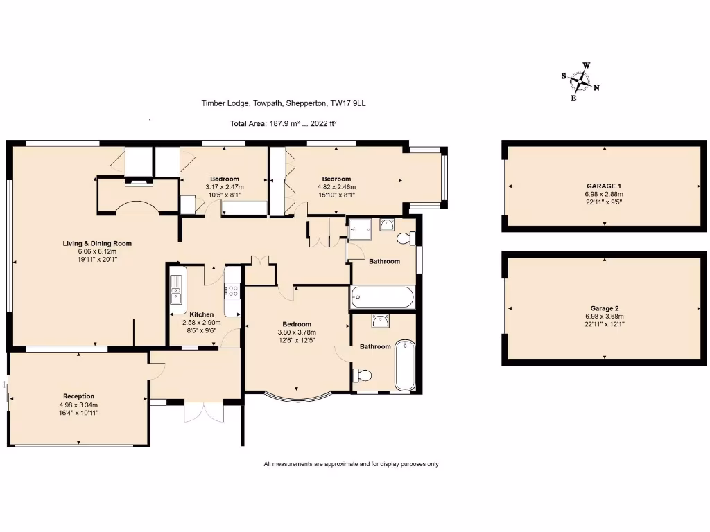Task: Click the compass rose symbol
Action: click(580, 82)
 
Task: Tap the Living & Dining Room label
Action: click(97, 243)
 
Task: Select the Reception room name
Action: click(79, 396)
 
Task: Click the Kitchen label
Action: click(202, 315)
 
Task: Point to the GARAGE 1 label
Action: click(604, 186)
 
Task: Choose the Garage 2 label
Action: click(604, 308)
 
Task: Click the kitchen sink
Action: click(175, 289)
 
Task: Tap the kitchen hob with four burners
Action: click(233, 290)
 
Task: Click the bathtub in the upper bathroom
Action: click(382, 298)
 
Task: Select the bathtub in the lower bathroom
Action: click(405, 365)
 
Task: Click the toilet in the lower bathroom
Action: click(362, 375)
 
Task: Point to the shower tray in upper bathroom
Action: click(360, 229)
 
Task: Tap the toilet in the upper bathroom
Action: click(406, 238)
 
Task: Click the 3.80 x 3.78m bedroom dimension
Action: click(297, 332)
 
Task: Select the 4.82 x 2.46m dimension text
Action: click(336, 187)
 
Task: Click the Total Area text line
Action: click(283, 123)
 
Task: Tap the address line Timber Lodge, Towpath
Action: click(284, 103)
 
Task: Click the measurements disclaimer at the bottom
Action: click(351, 464)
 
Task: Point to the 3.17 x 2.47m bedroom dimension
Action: click(225, 187)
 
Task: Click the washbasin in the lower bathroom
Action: click(381, 321)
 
